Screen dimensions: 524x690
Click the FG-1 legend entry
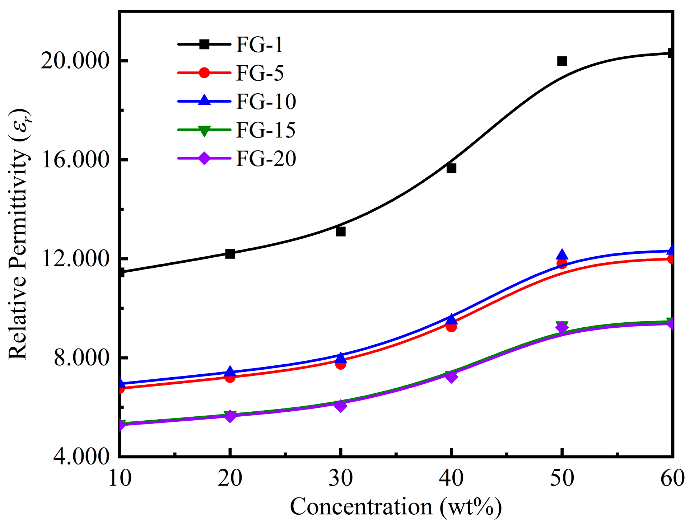259,45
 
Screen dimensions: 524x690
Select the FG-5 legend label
260,73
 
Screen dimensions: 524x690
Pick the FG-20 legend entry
266,158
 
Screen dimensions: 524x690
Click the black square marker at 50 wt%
562,61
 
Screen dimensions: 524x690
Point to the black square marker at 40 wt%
451,168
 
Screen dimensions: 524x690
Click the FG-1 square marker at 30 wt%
340,231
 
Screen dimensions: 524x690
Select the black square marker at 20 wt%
230,254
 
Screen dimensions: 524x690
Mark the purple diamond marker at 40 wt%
451,376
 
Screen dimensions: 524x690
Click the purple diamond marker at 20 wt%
230,416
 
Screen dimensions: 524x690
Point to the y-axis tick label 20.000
75,61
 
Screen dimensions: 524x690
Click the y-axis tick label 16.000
75,160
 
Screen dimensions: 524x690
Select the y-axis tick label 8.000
81,358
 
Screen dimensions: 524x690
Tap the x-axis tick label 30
340,478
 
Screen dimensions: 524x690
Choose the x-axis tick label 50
562,478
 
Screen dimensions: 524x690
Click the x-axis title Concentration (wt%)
396,507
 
